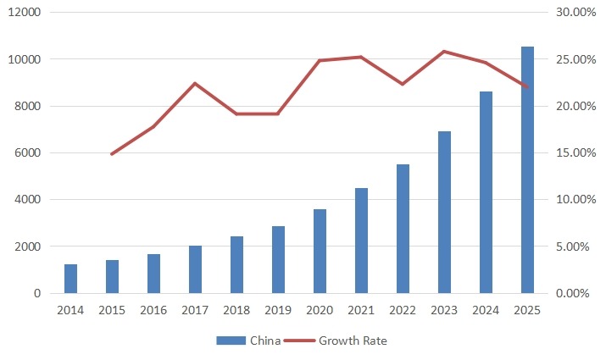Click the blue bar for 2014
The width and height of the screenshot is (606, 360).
(70, 279)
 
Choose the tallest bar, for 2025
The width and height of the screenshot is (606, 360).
(527, 169)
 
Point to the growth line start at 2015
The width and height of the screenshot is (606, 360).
(112, 154)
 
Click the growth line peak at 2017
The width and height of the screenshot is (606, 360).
(195, 83)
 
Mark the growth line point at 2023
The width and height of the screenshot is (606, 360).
(444, 52)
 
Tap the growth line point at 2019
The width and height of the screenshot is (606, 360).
(278, 114)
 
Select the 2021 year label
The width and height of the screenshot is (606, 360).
(361, 310)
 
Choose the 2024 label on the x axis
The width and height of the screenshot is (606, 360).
(486, 310)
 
